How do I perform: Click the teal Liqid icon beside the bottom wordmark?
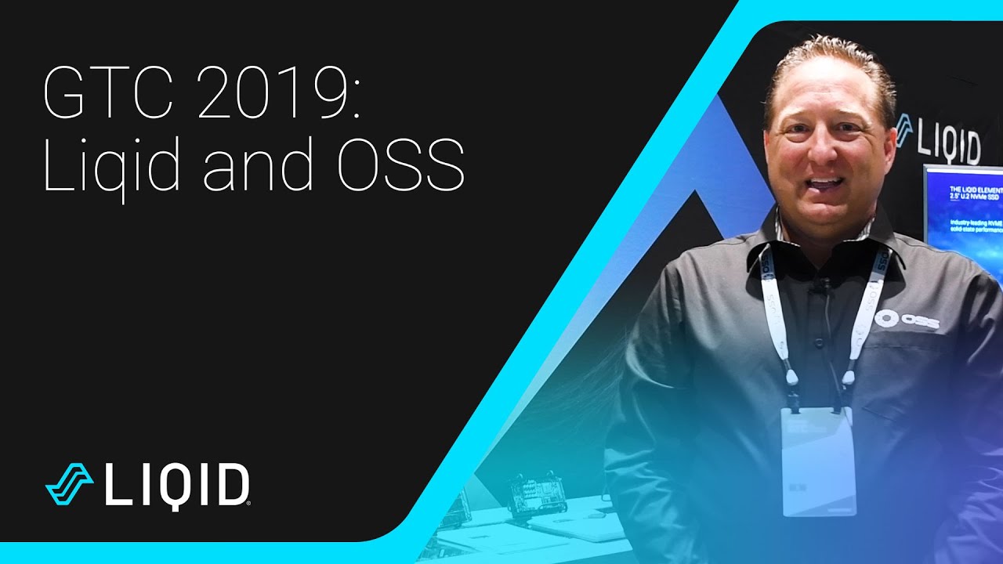(x=69, y=483)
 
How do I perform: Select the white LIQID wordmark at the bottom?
(x=177, y=485)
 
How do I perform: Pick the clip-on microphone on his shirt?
(x=822, y=288)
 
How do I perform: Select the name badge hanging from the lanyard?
(x=817, y=462)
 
